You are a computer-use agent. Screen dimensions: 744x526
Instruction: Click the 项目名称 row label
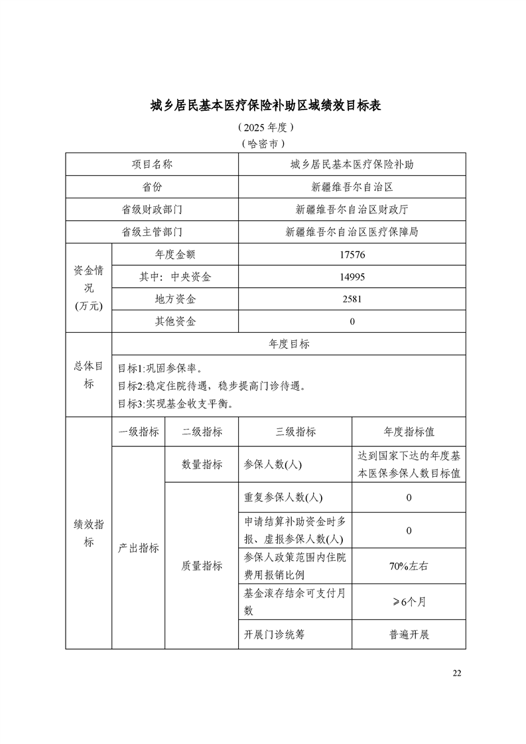coord(152,164)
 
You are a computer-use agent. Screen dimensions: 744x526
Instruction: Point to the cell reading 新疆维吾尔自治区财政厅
coord(352,209)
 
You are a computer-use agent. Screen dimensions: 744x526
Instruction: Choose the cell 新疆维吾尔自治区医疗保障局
coord(352,232)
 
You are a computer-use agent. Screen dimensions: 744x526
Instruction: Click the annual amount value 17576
coord(352,255)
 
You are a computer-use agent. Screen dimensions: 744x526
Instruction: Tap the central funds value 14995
coord(352,277)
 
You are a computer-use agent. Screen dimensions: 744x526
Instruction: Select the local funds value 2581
coord(352,300)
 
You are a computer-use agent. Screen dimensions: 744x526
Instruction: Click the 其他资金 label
coord(175,322)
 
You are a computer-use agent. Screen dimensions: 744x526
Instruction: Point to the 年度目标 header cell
coord(289,344)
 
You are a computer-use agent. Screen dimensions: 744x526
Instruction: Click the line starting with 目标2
coord(211,386)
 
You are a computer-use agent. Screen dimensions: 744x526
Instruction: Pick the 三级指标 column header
coord(295,432)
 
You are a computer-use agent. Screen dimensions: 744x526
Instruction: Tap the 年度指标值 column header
coord(409,432)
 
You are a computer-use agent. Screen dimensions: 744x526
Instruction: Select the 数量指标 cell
coord(202,465)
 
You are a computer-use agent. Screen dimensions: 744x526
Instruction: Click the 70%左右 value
coord(409,566)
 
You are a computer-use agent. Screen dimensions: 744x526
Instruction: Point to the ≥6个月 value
coord(409,602)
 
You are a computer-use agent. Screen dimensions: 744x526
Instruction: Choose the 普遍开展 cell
coord(409,635)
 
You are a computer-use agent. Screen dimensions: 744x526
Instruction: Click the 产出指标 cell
coord(139,548)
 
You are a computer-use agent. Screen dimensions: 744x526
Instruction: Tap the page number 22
coord(456,673)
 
